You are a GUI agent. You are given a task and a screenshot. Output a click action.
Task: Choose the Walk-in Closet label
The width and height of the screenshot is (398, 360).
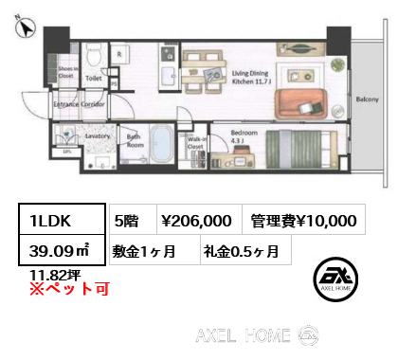(196, 143)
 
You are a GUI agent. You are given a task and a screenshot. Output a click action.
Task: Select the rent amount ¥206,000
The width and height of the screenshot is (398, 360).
(196, 221)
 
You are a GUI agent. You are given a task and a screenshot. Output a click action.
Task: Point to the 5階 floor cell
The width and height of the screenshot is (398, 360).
(128, 221)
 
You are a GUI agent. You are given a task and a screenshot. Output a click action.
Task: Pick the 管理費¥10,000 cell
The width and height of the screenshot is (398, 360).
(304, 221)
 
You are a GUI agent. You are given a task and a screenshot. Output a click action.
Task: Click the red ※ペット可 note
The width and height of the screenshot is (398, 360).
(59, 288)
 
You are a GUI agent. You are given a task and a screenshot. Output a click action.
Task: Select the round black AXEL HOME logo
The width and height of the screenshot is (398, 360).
(338, 277)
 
